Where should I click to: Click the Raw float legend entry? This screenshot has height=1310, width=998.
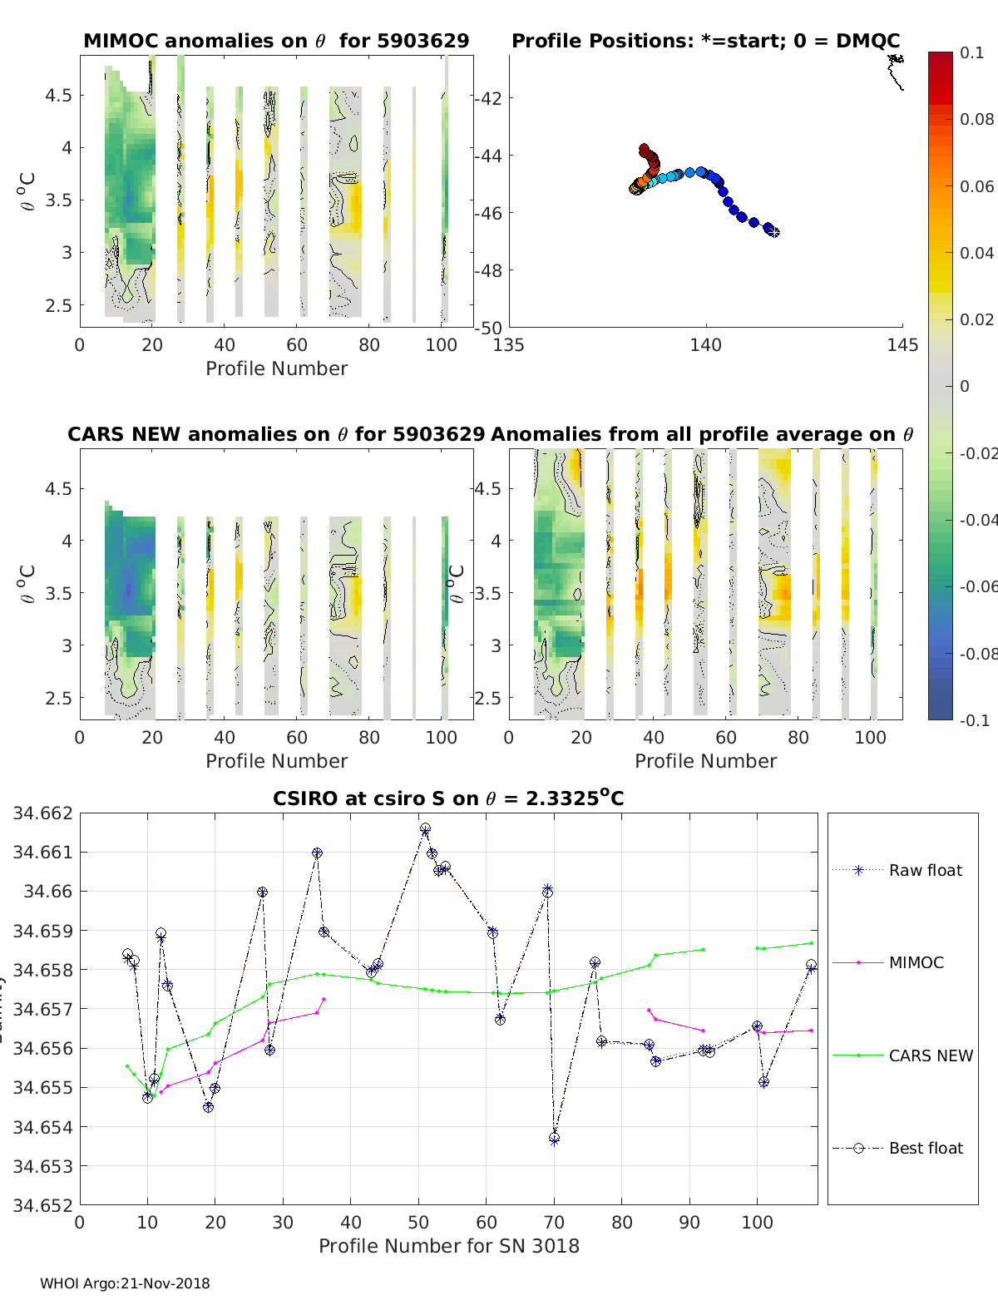(925, 870)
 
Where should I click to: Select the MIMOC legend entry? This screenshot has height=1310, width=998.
(916, 962)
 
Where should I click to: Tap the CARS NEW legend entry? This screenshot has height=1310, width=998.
(930, 1055)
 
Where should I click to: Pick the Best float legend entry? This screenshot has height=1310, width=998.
(925, 1148)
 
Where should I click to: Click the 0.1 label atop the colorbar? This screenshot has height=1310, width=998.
(971, 52)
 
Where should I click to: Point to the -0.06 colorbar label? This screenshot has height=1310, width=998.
(977, 586)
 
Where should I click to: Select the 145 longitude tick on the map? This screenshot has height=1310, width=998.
(902, 345)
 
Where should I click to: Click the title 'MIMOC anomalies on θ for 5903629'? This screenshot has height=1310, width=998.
(276, 41)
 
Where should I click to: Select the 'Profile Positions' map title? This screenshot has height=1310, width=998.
(705, 41)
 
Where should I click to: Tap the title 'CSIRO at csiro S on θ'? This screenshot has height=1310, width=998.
(448, 798)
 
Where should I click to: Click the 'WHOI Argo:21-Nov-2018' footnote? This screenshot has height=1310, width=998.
(125, 1283)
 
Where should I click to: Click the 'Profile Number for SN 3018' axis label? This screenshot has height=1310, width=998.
(448, 1246)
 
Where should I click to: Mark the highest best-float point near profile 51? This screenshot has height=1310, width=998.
(425, 828)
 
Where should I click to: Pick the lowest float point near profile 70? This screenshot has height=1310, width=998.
(554, 1139)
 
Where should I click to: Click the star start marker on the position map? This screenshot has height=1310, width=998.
(774, 232)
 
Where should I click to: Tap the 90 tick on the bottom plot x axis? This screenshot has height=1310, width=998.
(689, 1223)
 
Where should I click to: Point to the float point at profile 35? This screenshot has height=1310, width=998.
(317, 853)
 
